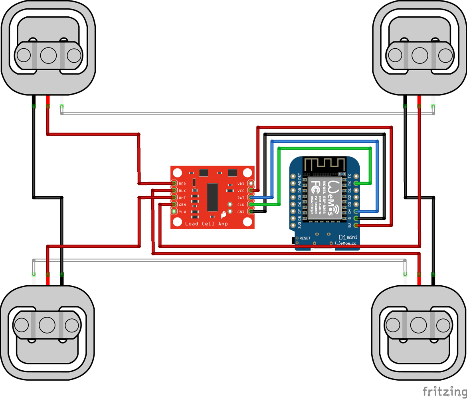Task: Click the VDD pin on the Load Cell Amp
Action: coord(251,184)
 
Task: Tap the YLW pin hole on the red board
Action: coord(174,211)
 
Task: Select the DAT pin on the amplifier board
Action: coord(251,198)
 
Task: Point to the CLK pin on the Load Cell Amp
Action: coord(251,205)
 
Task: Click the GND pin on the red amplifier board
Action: coord(251,211)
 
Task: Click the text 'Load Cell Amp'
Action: coord(206,224)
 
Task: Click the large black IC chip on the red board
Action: coord(212,198)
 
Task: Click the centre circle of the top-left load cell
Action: coord(49,55)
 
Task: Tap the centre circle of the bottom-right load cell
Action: coord(419,325)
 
